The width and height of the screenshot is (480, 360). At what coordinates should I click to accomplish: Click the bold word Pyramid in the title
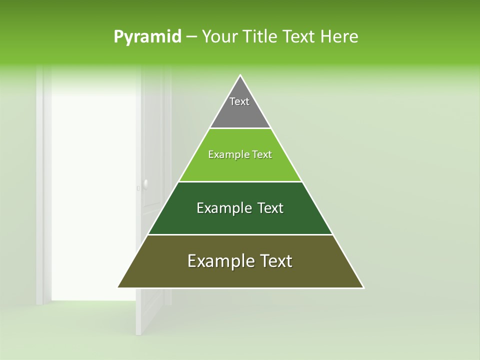pos(147,37)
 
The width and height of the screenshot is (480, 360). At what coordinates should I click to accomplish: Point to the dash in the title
pos(191,37)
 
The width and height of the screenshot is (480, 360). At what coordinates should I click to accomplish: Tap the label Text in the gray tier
pos(239,101)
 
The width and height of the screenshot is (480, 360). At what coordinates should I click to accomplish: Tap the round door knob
pos(145,184)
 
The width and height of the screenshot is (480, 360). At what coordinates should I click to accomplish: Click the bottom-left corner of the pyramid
pos(118,287)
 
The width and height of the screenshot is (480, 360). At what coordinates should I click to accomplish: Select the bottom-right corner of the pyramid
pos(363,287)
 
